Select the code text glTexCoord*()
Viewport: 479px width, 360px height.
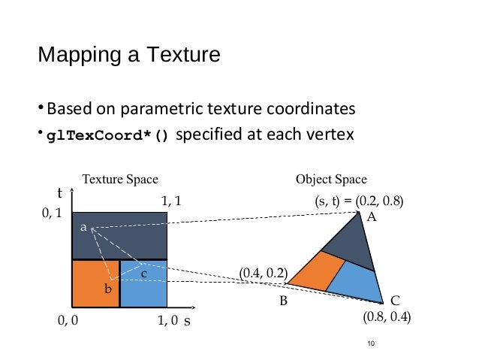[108, 136]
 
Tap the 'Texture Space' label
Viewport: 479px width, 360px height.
[120, 180]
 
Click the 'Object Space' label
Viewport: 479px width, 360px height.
[331, 180]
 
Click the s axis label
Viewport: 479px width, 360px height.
[187, 319]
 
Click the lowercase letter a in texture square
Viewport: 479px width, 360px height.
[83, 225]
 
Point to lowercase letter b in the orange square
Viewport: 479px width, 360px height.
[108, 287]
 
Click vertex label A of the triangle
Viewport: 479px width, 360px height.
[370, 216]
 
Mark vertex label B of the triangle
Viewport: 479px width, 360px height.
[284, 301]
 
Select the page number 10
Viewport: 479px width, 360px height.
[369, 343]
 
